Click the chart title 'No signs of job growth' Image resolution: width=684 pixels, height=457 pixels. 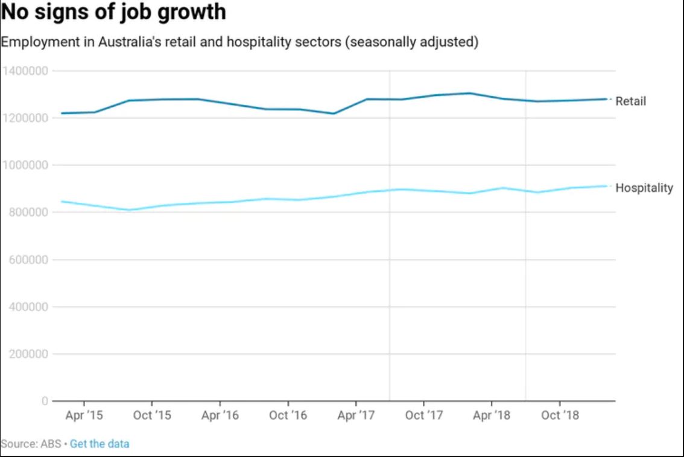click(114, 11)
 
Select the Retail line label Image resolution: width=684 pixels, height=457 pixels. click(630, 101)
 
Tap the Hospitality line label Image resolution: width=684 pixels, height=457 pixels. click(644, 188)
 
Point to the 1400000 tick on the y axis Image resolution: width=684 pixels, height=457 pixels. click(25, 71)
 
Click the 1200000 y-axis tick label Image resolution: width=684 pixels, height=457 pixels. click(25, 118)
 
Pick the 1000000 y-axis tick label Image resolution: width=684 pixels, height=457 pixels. click(25, 165)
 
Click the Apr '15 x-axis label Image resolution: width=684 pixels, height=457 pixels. click(84, 415)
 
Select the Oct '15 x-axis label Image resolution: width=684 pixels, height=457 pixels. click(151, 415)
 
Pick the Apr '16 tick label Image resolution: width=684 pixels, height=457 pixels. click(220, 415)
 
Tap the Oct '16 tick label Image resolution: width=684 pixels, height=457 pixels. click(288, 415)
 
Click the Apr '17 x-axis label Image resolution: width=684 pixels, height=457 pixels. click(356, 415)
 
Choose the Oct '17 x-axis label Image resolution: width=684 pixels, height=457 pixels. click(424, 415)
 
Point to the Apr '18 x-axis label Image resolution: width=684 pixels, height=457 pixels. click(492, 415)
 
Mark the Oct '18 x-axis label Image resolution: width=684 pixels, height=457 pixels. click(560, 415)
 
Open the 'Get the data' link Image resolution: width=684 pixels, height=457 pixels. click(100, 444)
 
